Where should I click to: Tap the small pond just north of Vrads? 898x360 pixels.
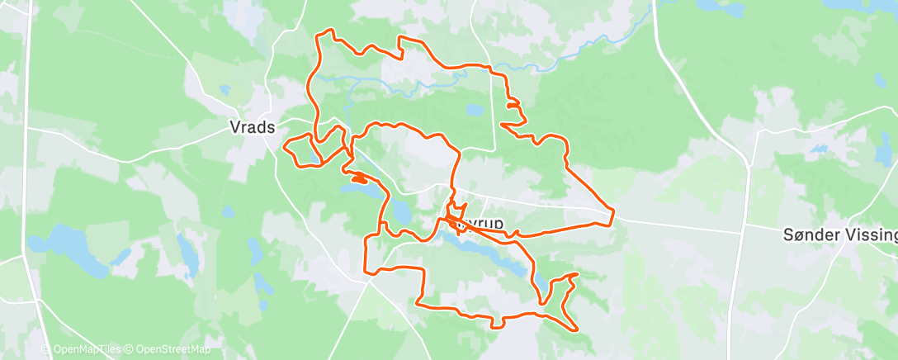click(224, 89)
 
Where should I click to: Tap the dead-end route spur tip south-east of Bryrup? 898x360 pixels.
click(575, 273)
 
